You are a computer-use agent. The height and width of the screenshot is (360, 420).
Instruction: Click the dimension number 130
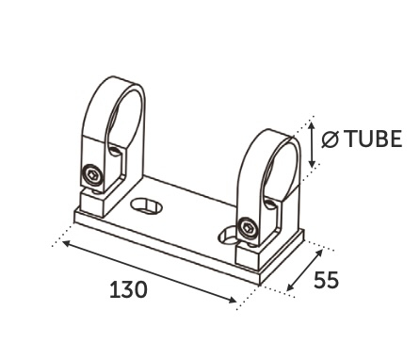[128, 289]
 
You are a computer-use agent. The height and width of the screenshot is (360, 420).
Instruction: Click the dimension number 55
[327, 280]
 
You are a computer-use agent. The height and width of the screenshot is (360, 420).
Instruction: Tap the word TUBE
[375, 139]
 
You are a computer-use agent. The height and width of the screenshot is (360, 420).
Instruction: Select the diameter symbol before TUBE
[331, 139]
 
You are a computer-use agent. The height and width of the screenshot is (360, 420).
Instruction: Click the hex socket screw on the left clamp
[93, 174]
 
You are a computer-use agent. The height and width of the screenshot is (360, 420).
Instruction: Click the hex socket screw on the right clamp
[248, 227]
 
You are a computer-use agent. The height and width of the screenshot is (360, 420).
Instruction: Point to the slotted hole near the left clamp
[146, 205]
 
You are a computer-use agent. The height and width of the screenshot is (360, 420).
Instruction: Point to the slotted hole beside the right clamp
[229, 237]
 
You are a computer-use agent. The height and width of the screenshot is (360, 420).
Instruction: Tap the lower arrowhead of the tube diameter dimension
[312, 163]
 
